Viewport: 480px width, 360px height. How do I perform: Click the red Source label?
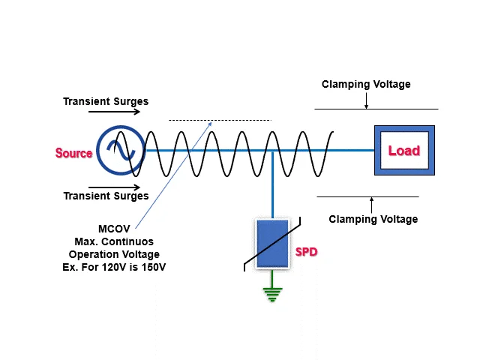coord(73,153)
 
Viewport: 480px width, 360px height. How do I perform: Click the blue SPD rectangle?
coord(271,244)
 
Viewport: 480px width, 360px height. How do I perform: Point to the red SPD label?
coord(306,252)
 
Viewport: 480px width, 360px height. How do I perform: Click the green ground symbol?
coord(271,294)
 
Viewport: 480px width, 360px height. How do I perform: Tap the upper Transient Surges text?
coord(106,101)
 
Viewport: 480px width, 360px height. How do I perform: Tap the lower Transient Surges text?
coord(106,196)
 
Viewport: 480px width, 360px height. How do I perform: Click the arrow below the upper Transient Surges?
coord(113,112)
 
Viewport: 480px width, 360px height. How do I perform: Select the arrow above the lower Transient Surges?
coord(113,186)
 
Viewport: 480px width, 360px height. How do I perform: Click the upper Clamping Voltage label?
coord(366,84)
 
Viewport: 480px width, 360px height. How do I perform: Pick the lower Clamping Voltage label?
coord(373,219)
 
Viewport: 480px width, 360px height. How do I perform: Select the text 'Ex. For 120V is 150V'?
coord(114,266)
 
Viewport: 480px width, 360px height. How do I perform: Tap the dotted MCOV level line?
coord(219,120)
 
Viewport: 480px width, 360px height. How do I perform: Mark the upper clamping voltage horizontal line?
coord(375,109)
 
